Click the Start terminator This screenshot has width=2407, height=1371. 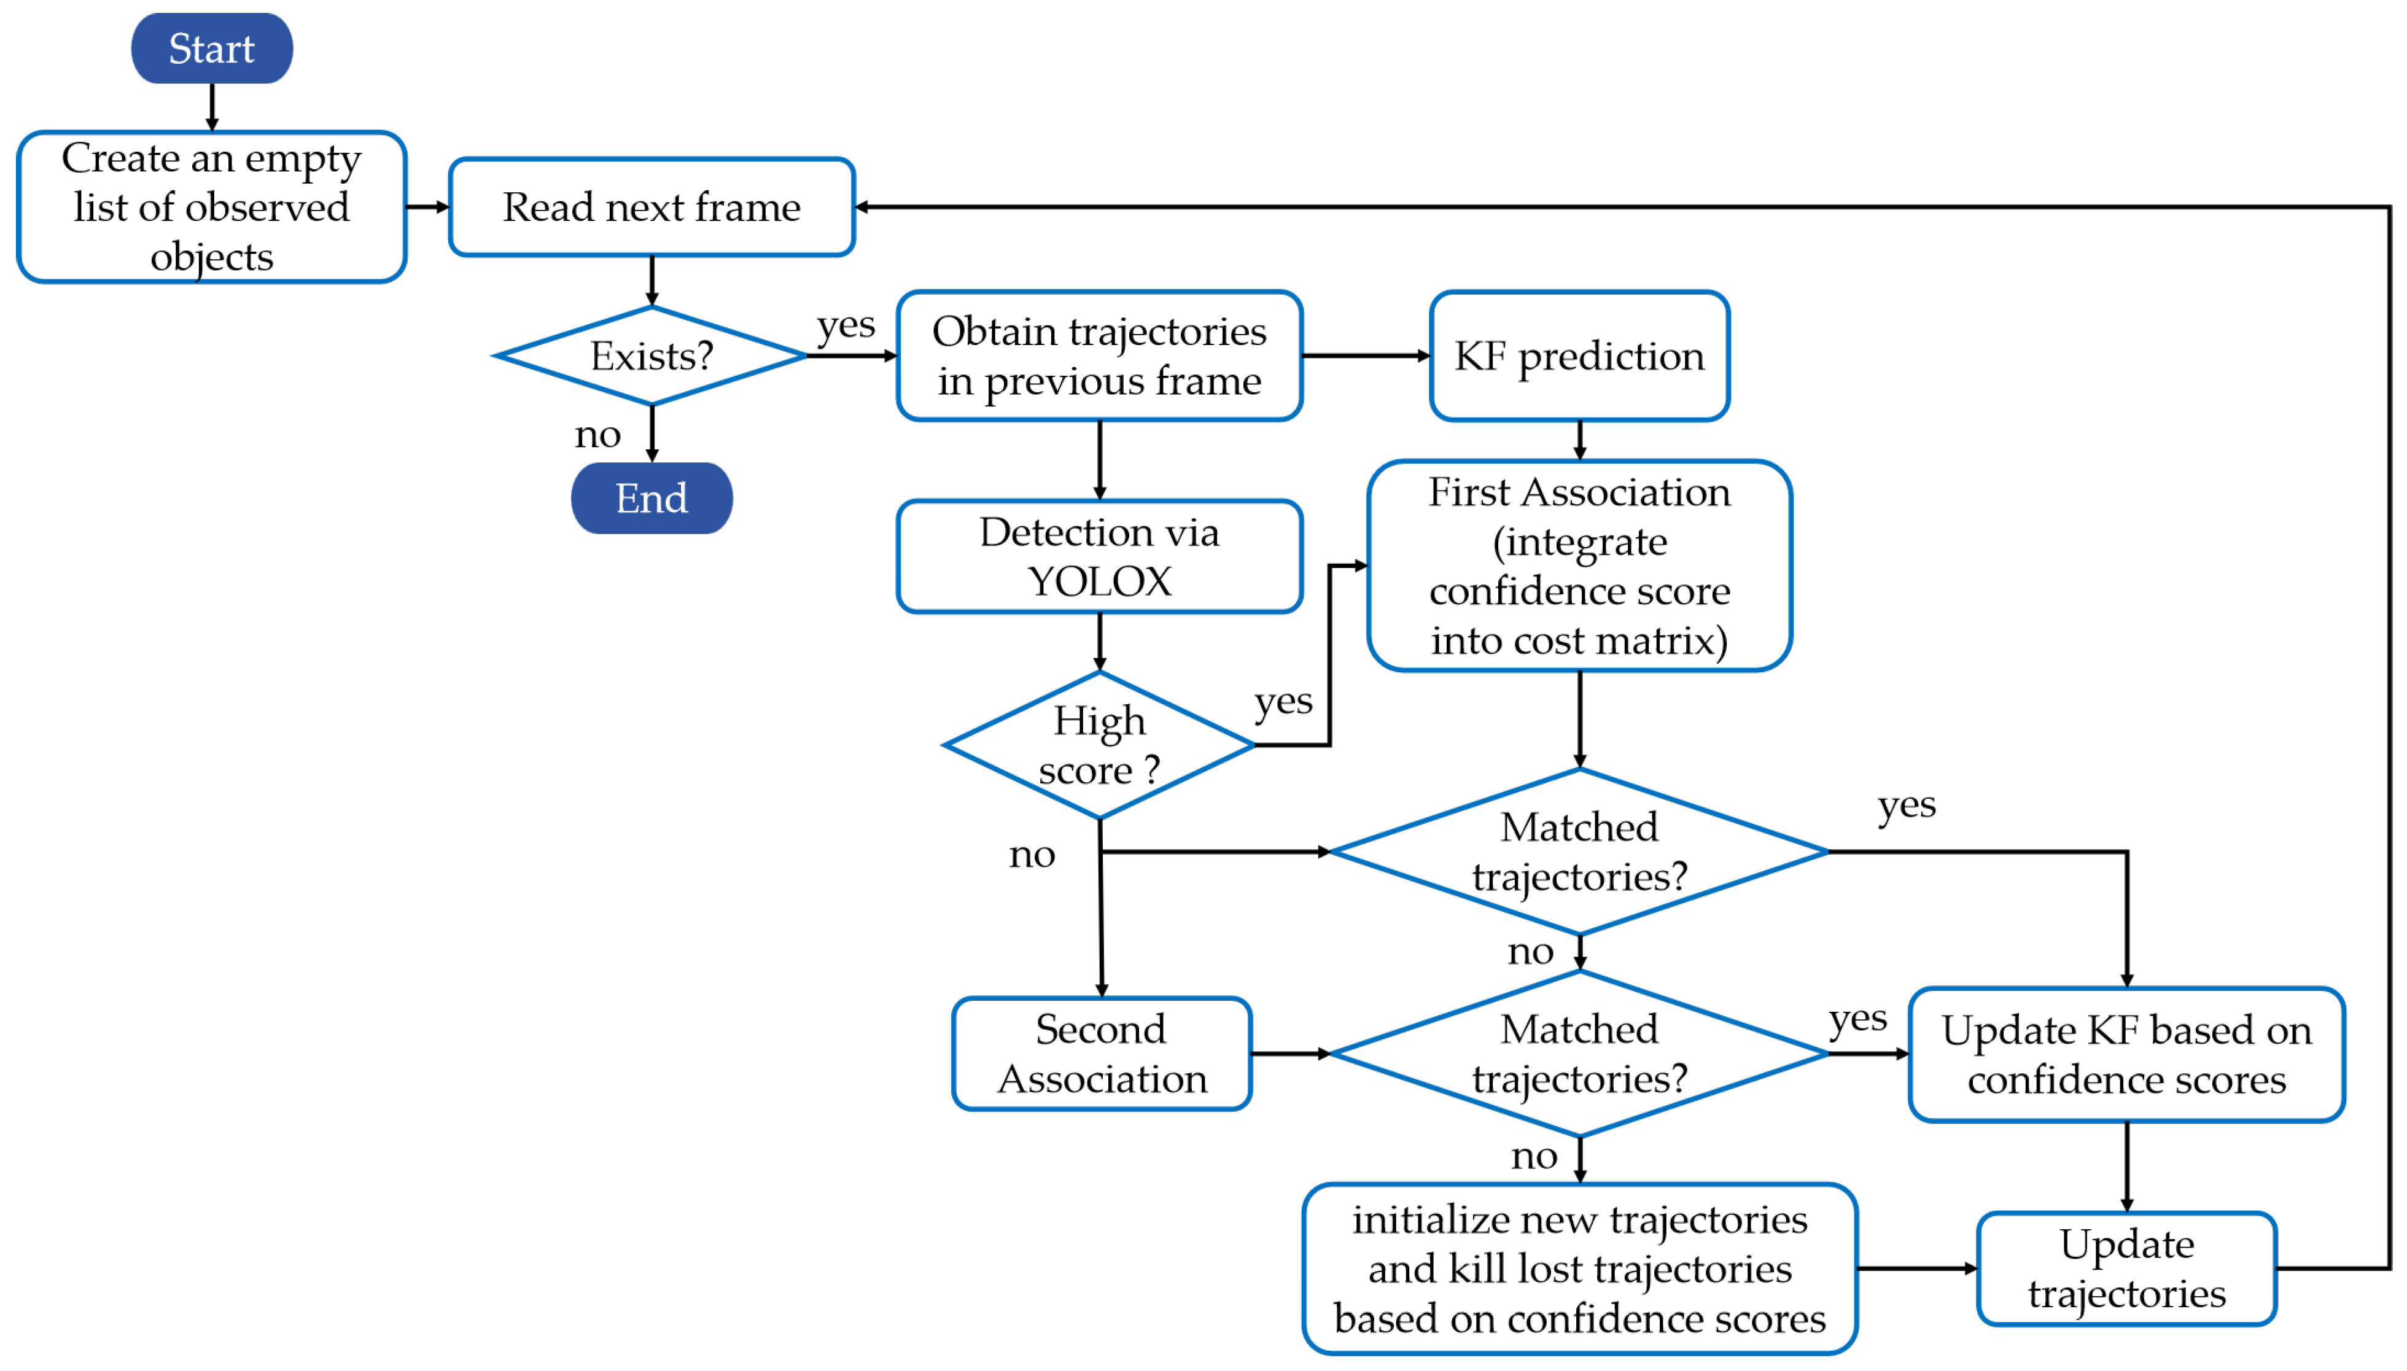(211, 48)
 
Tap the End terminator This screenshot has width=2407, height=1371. (651, 498)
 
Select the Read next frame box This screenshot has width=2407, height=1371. (651, 207)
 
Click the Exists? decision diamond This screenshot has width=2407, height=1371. (651, 356)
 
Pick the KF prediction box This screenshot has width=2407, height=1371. (1579, 356)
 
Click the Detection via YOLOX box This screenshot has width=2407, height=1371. (1099, 556)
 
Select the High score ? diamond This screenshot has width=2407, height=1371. (1099, 745)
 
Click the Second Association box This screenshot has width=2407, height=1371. (1101, 1054)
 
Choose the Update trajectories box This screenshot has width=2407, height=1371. (2126, 1268)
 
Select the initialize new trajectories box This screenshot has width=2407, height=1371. (1579, 1268)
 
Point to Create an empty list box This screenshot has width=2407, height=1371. (211, 207)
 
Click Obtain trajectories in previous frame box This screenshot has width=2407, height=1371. (1099, 356)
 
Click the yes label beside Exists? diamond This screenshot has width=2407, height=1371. (846, 327)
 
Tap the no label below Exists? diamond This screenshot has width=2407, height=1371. (597, 434)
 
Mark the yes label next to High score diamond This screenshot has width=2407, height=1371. (1283, 702)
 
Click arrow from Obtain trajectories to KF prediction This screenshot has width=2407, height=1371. (1366, 356)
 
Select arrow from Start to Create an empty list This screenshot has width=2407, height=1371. (211, 106)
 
